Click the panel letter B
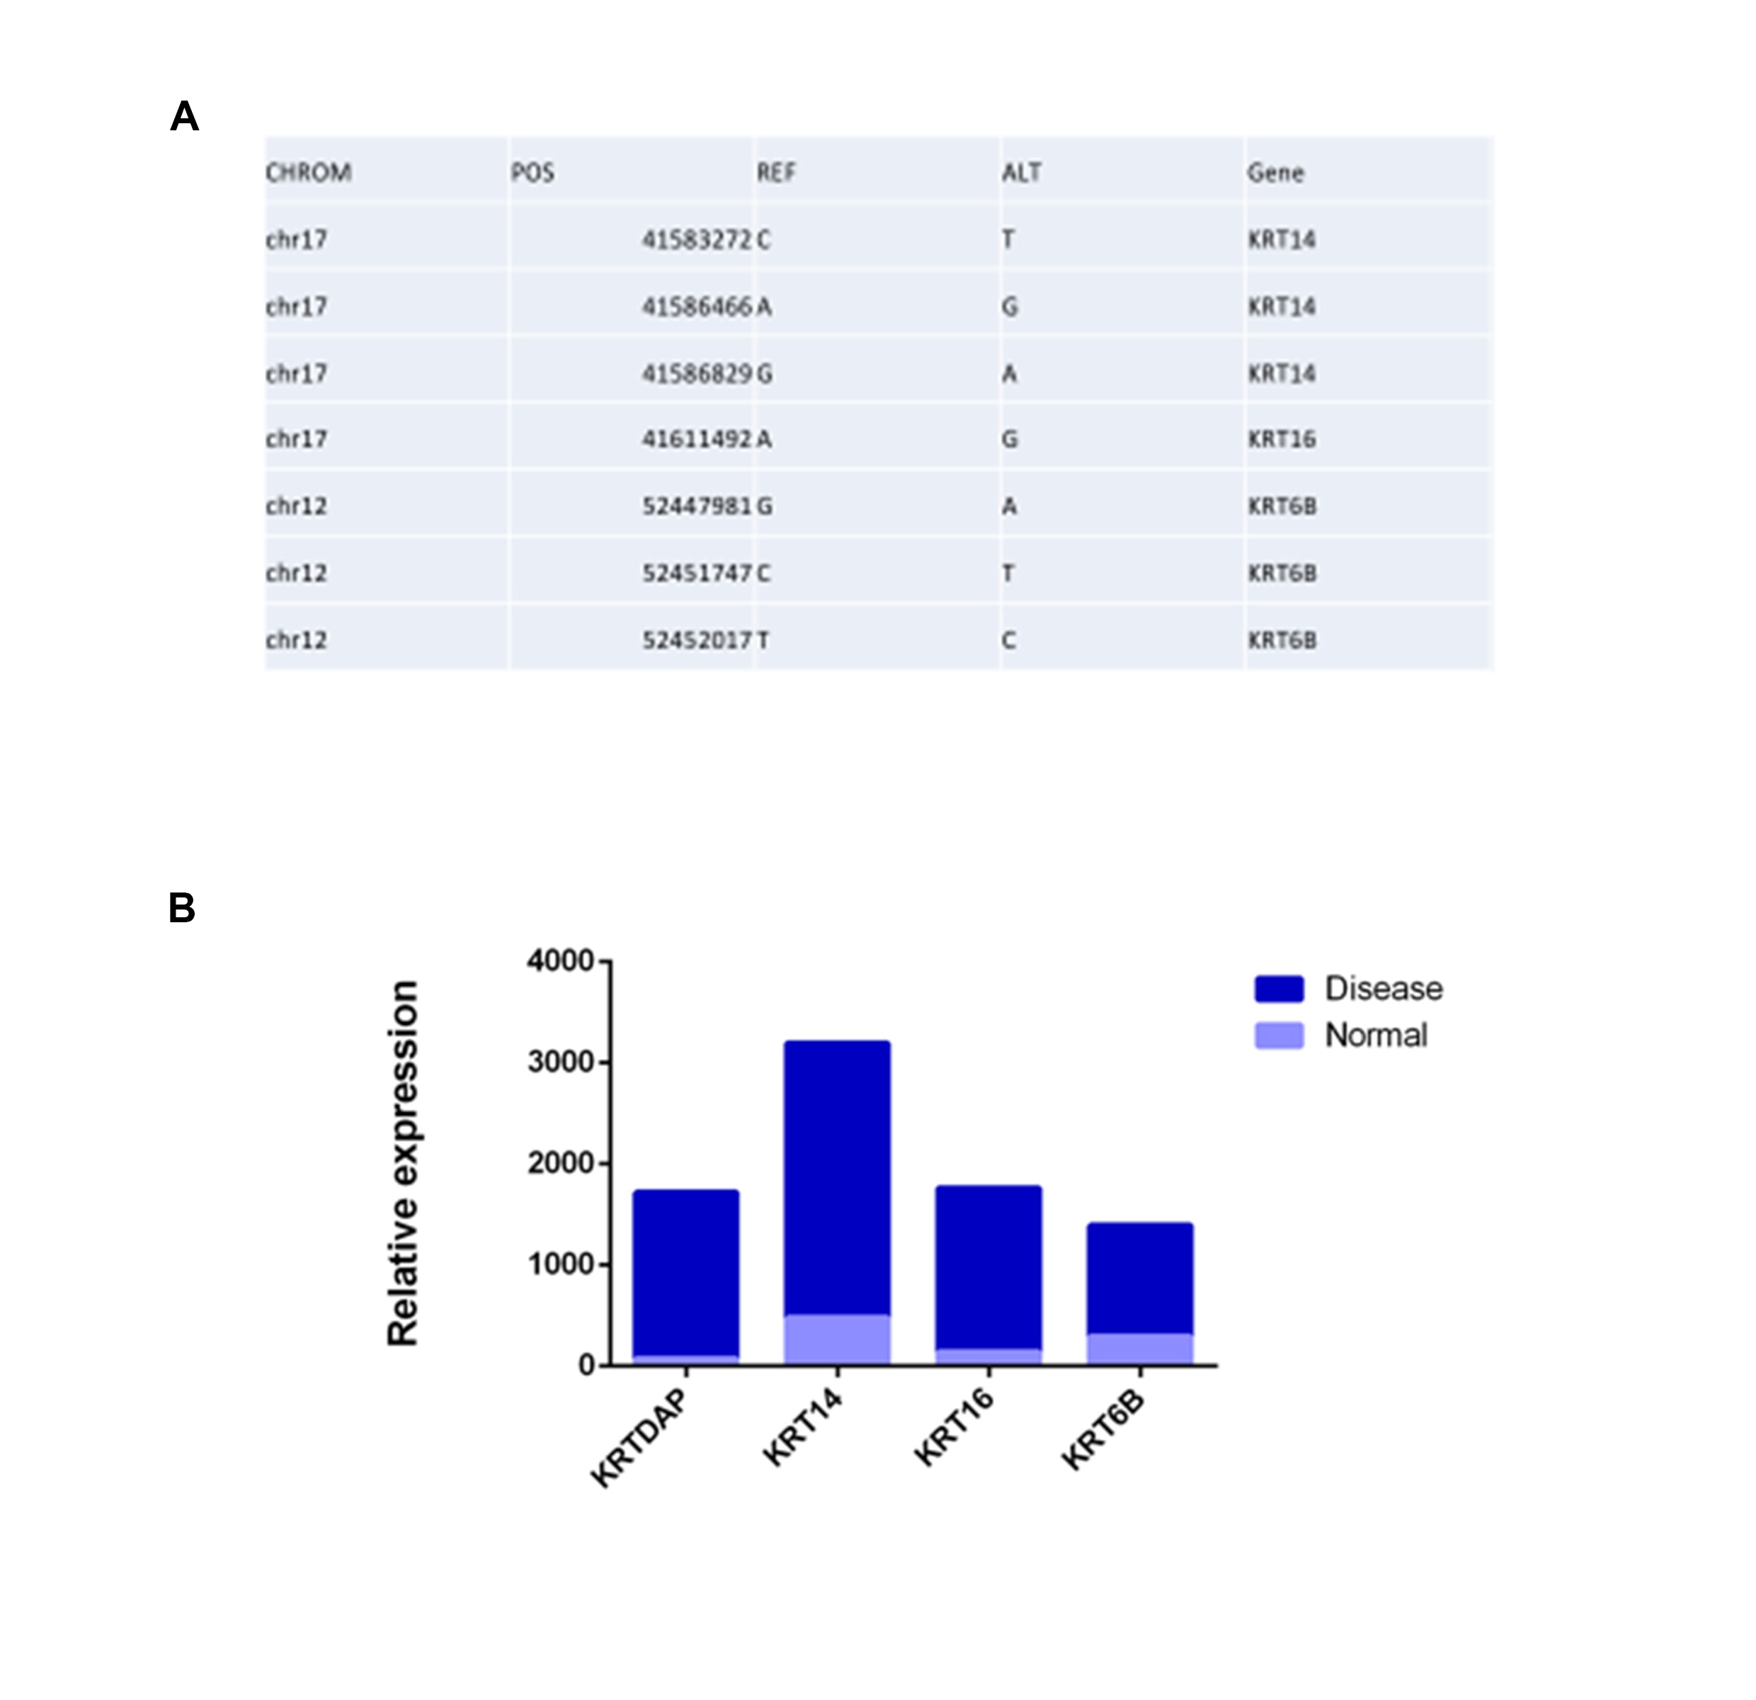pos(182,908)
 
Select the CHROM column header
pos(308,172)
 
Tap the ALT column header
pos(1021,172)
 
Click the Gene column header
pos(1275,172)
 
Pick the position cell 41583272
pos(696,239)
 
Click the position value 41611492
pos(696,439)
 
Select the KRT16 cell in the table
pos(1281,439)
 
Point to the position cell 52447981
pos(696,506)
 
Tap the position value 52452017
pos(696,640)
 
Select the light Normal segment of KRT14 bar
pos(837,1339)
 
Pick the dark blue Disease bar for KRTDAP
pos(685,1273)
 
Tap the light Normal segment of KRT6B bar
pos(1139,1349)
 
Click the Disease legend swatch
pos(1279,988)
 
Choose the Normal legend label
pos(1375,1035)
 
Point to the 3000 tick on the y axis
pos(560,1062)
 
